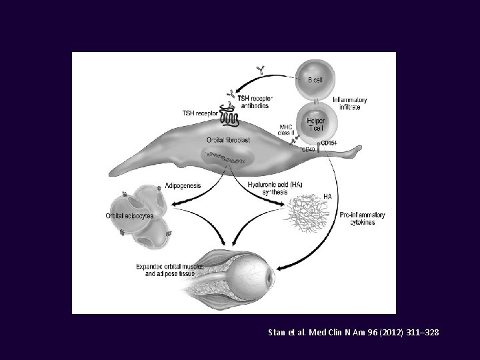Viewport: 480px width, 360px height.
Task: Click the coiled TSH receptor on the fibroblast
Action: [x=230, y=118]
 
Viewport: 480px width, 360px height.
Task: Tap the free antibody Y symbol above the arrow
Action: [x=260, y=69]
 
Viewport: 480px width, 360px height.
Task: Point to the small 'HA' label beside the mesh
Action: [x=327, y=196]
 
